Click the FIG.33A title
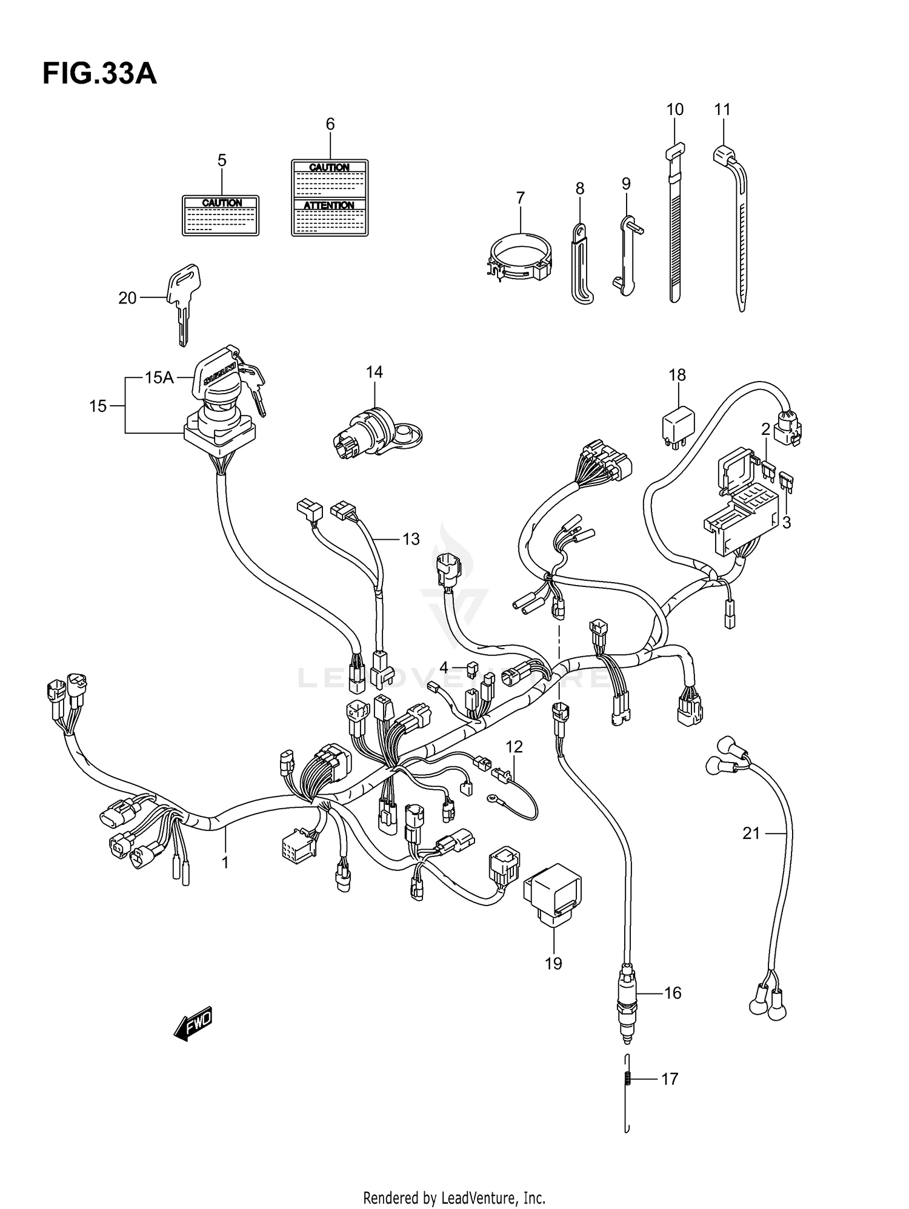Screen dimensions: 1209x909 coord(99,75)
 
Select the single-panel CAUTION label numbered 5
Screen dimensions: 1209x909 coord(221,215)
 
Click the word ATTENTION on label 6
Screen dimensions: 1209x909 coord(329,205)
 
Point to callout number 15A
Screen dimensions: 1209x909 coord(159,378)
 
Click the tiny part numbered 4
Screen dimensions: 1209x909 coord(473,668)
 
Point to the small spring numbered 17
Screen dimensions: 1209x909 coord(628,1079)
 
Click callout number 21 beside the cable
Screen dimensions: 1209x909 coord(751,833)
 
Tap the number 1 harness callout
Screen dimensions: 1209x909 coord(225,862)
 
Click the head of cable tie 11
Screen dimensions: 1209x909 coord(722,155)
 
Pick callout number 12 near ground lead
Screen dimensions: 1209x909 coord(514,747)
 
